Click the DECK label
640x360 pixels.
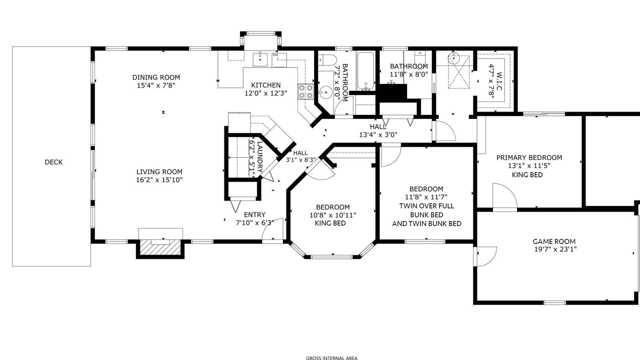[x=53, y=162]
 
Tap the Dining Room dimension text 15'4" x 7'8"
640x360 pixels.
[x=156, y=85]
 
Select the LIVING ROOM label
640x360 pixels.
[x=159, y=171]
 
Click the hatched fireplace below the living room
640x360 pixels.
[x=160, y=247]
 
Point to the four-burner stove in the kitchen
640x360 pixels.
[x=305, y=91]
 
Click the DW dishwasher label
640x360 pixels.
[x=275, y=55]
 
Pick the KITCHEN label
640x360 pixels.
[x=265, y=85]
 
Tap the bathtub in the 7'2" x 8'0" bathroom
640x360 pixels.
[x=365, y=70]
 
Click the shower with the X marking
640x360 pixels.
[x=459, y=72]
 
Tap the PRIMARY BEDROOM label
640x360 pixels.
[x=529, y=157]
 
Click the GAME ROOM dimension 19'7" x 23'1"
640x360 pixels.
[x=555, y=249]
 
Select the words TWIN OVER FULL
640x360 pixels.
[x=426, y=206]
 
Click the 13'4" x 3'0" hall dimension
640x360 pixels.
[x=378, y=134]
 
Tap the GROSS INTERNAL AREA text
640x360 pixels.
[x=331, y=358]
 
